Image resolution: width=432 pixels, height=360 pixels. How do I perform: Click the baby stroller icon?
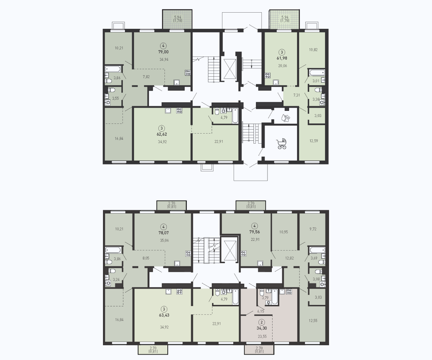[282, 144]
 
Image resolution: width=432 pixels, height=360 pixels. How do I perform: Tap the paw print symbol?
[286, 118]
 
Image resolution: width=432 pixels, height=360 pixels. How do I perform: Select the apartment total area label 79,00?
[163, 52]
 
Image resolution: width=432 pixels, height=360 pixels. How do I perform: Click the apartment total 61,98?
[282, 58]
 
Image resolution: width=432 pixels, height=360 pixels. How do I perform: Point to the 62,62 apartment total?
[162, 134]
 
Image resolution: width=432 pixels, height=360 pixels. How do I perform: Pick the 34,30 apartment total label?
[262, 328]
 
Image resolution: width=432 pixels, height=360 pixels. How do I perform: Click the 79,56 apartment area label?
[255, 232]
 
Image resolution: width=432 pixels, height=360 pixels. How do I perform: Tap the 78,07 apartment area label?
[164, 233]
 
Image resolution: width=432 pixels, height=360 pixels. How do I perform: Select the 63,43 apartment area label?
[164, 315]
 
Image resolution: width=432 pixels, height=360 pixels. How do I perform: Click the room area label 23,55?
[262, 336]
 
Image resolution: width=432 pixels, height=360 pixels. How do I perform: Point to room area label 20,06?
[283, 66]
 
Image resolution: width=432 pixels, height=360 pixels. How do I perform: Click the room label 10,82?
[313, 50]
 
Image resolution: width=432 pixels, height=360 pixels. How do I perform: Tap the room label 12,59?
[314, 141]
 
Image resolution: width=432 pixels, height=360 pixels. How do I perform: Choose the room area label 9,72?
[313, 229]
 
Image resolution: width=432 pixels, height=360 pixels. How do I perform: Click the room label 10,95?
[283, 232]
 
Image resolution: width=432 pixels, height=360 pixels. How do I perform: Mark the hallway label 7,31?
[297, 95]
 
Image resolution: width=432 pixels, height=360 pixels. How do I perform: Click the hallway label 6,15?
[261, 311]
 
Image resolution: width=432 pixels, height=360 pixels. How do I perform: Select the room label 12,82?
[289, 258]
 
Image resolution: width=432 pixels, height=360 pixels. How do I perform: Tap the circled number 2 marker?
[262, 322]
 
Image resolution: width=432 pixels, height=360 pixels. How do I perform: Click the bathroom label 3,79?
[265, 298]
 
